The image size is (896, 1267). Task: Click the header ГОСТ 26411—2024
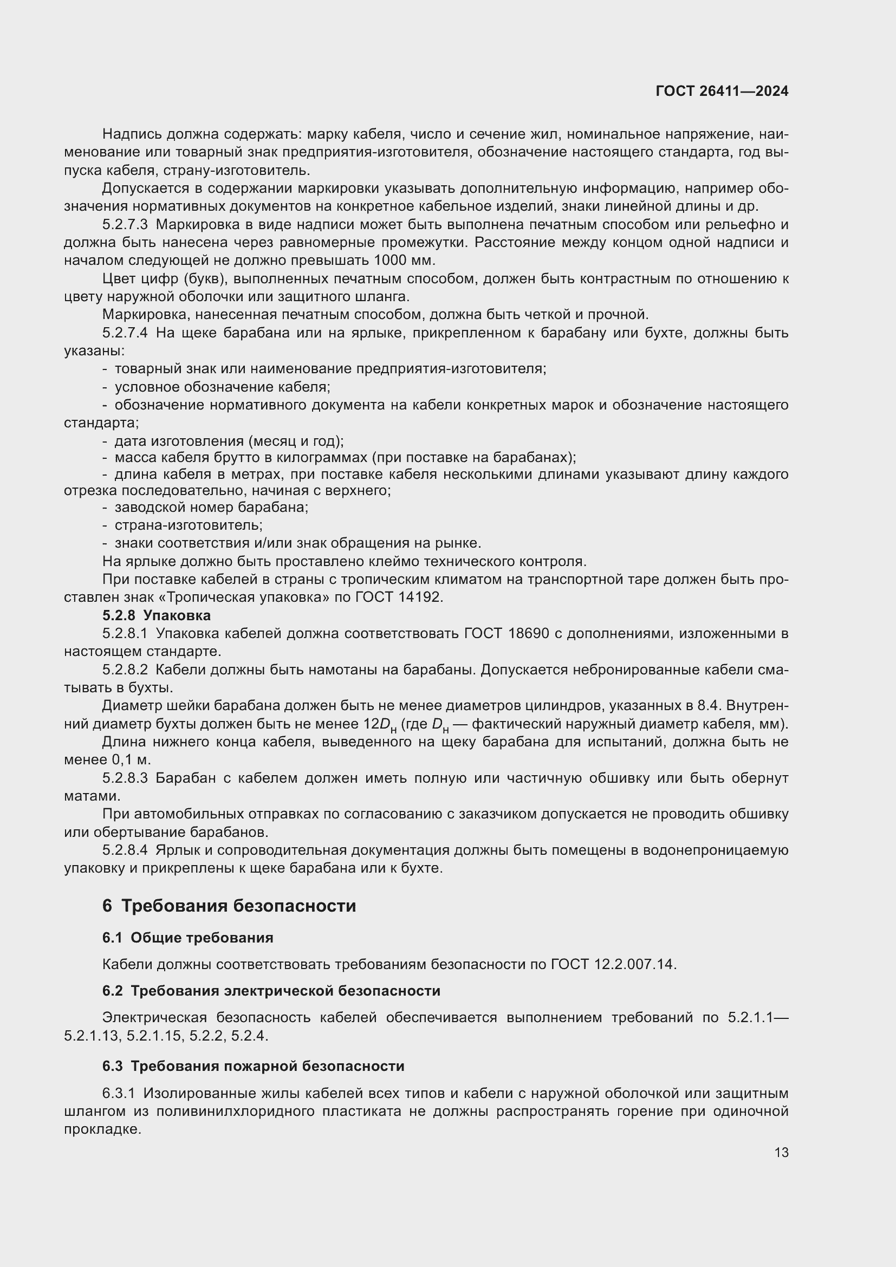tap(722, 91)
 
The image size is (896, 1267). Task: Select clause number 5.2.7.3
tap(125, 225)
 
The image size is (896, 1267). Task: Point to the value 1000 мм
tap(405, 261)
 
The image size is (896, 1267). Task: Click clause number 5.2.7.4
tap(125, 333)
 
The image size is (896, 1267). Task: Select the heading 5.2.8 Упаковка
tap(156, 615)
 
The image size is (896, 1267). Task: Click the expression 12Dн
tap(380, 725)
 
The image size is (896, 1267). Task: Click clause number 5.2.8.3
tap(125, 778)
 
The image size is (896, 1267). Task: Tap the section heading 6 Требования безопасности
tap(229, 906)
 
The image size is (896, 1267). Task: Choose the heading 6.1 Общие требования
tap(187, 938)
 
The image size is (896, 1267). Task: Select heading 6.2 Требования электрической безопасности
tap(271, 991)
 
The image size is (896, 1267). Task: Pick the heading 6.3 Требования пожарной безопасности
tap(253, 1066)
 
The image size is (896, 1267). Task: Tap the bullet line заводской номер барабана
tap(211, 507)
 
